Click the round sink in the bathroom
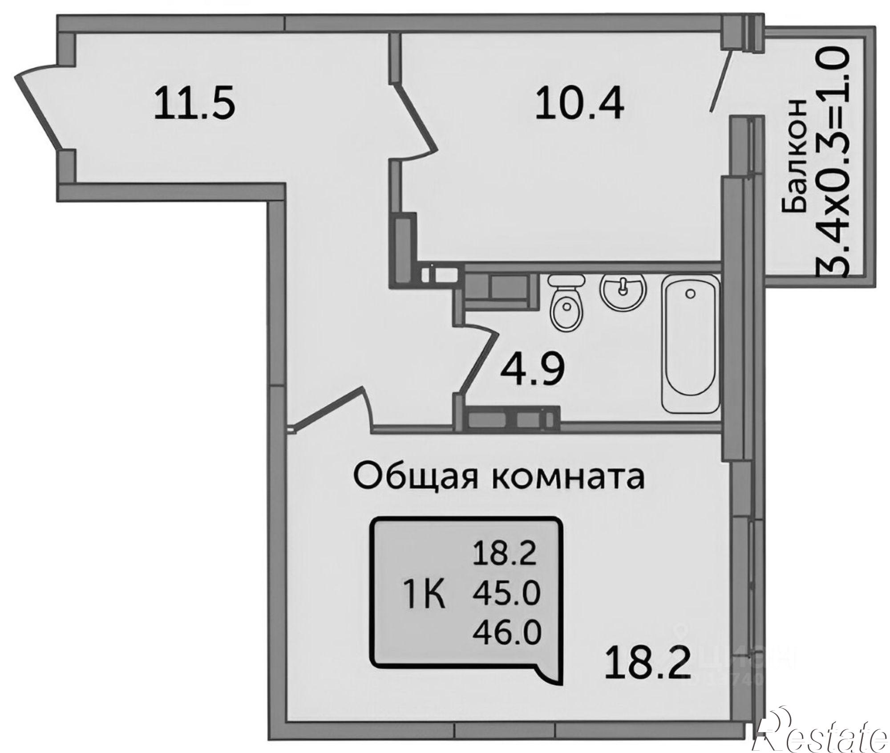pos(623,289)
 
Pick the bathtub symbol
pos(691,343)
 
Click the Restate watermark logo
pos(821,730)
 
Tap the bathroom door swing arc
pos(478,356)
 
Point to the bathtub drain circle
pos(690,293)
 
